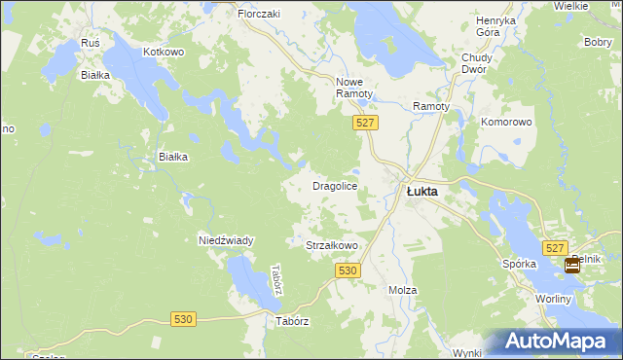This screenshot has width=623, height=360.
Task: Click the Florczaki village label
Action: pos(259,15)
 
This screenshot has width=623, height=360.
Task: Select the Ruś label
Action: pos(92,44)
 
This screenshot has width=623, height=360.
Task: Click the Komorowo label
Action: pos(506,123)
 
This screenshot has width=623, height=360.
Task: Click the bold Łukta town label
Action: pos(421,192)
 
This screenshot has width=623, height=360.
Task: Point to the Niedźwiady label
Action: pos(226,240)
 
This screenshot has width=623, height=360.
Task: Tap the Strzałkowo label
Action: pos(333,247)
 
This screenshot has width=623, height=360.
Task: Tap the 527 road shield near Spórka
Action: pos(556,249)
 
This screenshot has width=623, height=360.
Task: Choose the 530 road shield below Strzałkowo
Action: pos(351,270)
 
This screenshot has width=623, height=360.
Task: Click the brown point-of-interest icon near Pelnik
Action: pos(572,264)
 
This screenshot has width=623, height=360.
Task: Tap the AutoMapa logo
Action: pos(558,341)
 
